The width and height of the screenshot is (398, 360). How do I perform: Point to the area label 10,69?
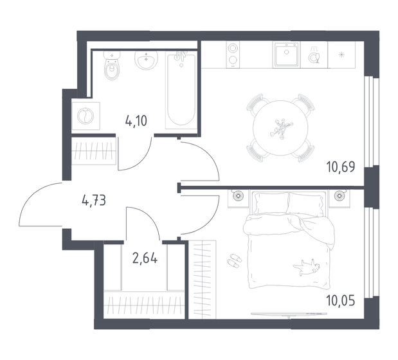coord(341,172)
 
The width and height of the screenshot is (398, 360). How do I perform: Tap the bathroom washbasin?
coord(147,61)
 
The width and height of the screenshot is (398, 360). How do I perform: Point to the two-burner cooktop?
coord(233,55)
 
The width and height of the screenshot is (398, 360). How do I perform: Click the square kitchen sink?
coord(284,55)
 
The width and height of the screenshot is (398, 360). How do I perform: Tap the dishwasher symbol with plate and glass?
coord(314,56)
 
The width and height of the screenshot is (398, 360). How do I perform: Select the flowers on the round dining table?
coord(280,127)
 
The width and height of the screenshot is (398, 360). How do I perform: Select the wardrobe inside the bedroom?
coord(203,277)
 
